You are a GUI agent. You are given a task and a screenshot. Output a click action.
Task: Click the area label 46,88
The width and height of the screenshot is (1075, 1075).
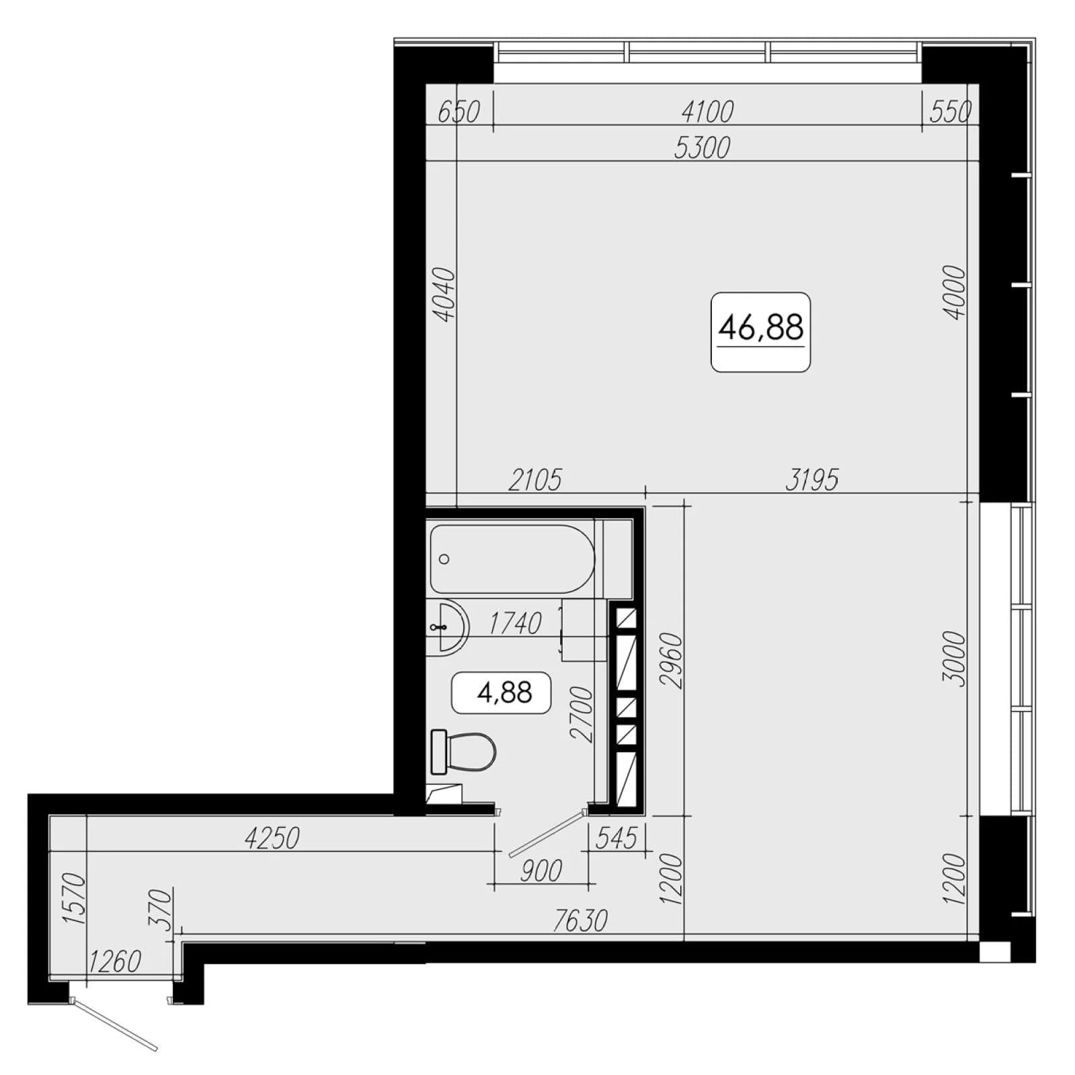point(760,328)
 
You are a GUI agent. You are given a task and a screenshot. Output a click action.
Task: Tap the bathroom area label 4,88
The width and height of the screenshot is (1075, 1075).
point(504,692)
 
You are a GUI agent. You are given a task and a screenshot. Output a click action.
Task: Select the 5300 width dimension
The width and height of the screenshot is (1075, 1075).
point(702,148)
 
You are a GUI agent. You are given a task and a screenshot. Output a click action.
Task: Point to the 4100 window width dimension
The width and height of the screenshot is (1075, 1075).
point(707,112)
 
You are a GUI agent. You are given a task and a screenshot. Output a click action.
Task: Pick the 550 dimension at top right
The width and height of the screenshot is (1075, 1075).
point(951,112)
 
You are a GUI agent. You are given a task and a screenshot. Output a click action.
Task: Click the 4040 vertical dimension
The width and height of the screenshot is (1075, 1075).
point(444,294)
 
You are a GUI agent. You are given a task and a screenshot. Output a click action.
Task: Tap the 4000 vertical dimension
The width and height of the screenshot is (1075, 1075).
point(954,292)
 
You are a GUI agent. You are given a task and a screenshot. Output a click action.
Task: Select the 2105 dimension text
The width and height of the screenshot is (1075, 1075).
point(535,480)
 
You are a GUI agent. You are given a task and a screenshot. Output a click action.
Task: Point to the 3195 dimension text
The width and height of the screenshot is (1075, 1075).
point(812,480)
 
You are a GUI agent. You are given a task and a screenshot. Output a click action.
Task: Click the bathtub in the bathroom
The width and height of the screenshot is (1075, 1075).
point(512,559)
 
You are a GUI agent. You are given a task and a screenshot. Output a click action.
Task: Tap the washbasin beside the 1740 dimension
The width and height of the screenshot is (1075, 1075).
point(447,627)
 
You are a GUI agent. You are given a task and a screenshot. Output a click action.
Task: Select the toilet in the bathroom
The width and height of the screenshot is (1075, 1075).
point(463,751)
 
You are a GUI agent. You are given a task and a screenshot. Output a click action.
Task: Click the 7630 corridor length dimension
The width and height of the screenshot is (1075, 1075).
point(580,920)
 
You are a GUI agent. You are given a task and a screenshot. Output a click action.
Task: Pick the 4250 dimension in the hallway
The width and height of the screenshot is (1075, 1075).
point(272,838)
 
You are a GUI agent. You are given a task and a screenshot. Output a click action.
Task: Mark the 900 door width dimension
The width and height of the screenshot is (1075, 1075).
point(541,871)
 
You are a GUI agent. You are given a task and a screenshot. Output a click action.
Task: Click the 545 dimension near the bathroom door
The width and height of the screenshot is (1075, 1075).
point(616,838)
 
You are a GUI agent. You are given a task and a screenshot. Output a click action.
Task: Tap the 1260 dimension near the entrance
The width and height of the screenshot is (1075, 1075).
point(115,961)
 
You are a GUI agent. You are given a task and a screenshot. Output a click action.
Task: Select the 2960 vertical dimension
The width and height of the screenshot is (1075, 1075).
point(672,660)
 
